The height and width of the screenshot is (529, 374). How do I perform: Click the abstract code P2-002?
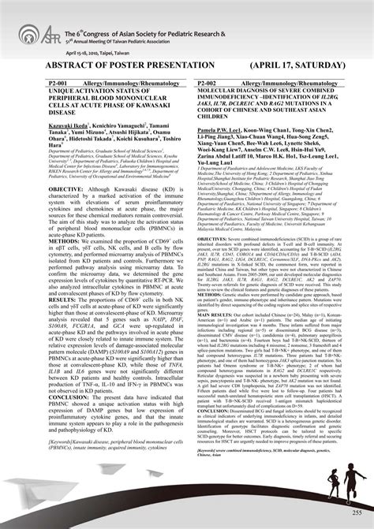(x=211, y=82)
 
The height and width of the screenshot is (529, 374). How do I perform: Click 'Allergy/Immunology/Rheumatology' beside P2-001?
(x=125, y=82)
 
